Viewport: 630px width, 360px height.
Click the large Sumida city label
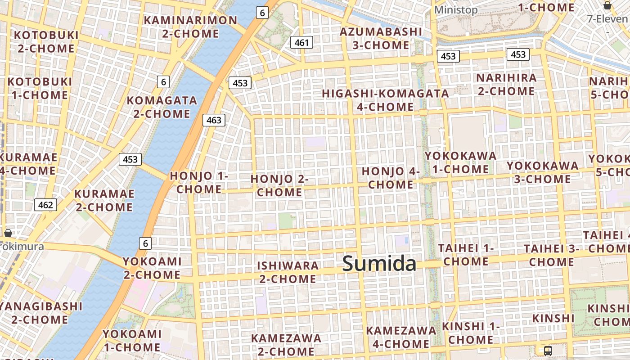[x=379, y=264]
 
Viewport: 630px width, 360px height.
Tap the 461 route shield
[x=301, y=43]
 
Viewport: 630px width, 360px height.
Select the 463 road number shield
[x=214, y=120]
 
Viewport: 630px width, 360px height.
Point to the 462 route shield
[x=45, y=205]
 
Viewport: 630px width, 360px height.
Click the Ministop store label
[x=456, y=10]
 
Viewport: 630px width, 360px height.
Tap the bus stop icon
[x=548, y=351]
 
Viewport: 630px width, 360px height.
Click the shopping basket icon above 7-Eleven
[x=607, y=5]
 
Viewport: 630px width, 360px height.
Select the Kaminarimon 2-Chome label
[x=190, y=27]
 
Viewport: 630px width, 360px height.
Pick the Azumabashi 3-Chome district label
[x=381, y=39]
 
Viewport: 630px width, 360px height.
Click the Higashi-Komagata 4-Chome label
[x=385, y=100]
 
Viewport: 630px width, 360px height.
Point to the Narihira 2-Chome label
[x=506, y=84]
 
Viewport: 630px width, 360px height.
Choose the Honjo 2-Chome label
[x=279, y=185]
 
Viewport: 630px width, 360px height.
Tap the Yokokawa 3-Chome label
[x=543, y=172]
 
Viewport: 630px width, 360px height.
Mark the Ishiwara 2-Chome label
[x=288, y=272]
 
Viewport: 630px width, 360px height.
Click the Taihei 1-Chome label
[x=466, y=255]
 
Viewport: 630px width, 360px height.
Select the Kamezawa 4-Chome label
[x=400, y=337]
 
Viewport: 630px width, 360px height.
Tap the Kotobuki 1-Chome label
[x=40, y=88]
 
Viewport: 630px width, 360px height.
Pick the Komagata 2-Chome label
[x=162, y=107]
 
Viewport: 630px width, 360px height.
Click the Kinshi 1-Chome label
[x=471, y=333]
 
